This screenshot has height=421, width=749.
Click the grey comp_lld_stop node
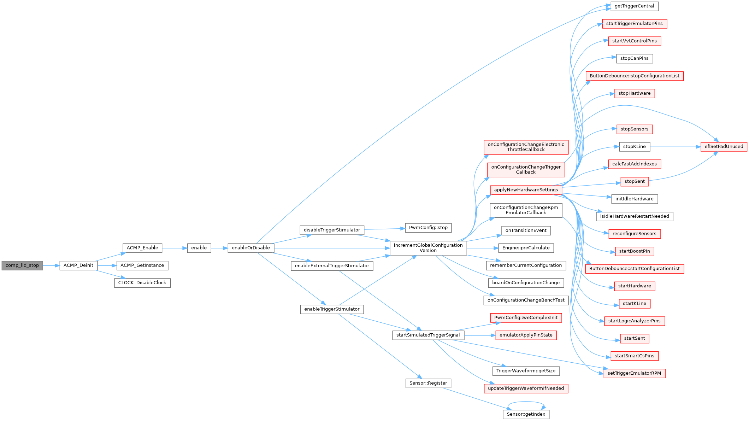(x=22, y=265)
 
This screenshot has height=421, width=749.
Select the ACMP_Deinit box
(x=78, y=265)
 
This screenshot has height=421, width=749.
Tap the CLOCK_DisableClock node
(x=142, y=283)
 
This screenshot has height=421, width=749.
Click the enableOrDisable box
(x=251, y=248)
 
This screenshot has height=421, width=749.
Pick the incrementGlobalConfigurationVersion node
(x=428, y=248)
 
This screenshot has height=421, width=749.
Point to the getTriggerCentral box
(x=635, y=6)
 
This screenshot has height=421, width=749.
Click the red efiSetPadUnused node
(x=724, y=147)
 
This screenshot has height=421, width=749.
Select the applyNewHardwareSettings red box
(x=526, y=190)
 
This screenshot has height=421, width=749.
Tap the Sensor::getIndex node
(x=526, y=414)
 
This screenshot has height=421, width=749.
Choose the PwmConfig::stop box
(x=428, y=228)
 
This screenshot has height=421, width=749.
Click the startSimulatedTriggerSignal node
(x=428, y=335)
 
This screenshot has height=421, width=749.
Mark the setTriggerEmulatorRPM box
(x=635, y=373)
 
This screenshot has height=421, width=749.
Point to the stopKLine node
(x=635, y=147)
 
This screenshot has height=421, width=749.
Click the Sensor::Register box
(x=428, y=383)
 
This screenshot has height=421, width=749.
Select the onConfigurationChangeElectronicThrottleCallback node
(x=526, y=147)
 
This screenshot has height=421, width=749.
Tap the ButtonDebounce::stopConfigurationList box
(x=635, y=76)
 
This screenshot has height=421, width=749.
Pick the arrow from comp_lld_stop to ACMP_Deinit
(x=51, y=265)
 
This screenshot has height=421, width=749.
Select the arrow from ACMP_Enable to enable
(x=175, y=248)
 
